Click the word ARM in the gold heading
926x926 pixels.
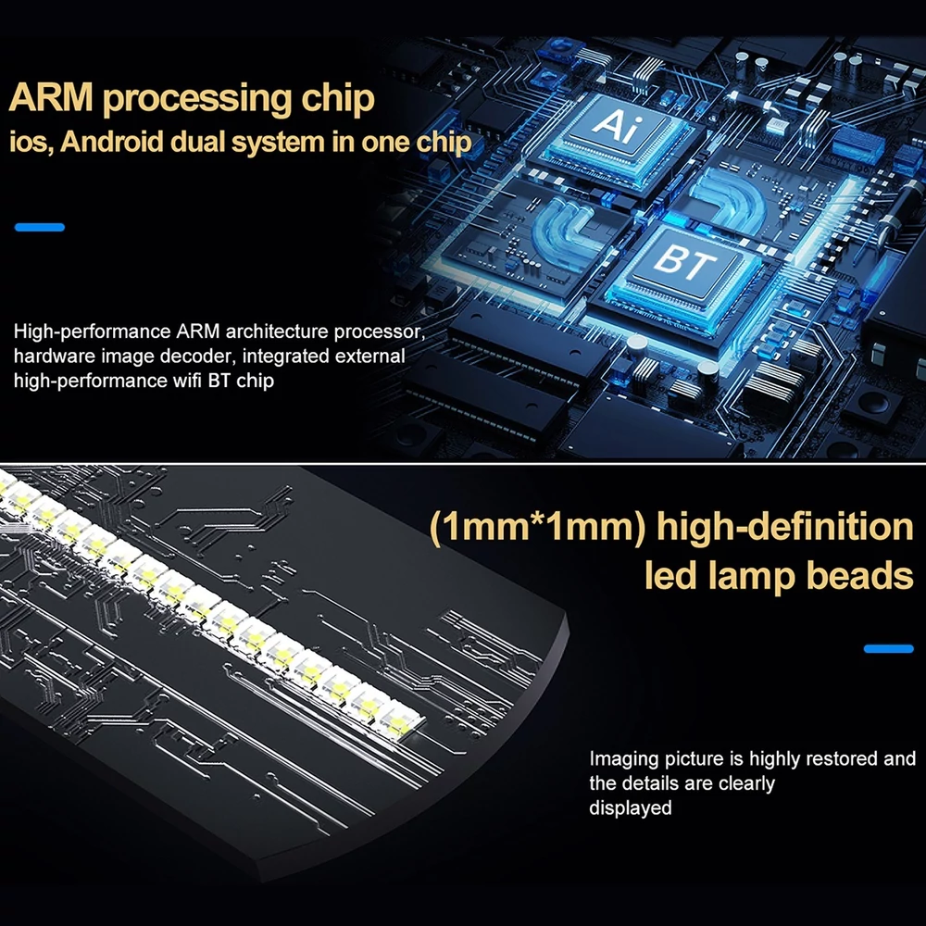51,97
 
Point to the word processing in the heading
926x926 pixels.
197,100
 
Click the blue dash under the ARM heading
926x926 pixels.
40,228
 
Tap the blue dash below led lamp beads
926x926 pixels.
888,648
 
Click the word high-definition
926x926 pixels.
785,526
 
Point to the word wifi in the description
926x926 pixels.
188,381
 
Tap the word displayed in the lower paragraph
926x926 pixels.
630,807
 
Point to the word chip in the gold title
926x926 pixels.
338,100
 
